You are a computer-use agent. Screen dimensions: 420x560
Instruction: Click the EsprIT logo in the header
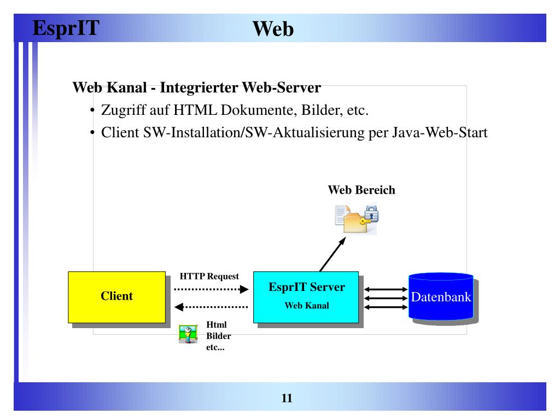tap(66, 27)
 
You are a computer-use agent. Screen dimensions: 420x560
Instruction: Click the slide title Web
tap(273, 29)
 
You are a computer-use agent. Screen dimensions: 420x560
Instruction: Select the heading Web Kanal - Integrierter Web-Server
tap(196, 87)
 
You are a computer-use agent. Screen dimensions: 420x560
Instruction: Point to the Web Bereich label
tap(361, 190)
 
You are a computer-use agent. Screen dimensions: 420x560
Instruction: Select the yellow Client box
tap(116, 297)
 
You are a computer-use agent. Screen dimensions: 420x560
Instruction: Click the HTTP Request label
tap(209, 277)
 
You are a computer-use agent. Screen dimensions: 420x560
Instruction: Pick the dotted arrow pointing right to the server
tap(211, 289)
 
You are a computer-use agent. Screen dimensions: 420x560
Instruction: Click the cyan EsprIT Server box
tap(306, 297)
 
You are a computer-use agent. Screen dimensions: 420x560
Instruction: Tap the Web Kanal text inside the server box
tap(307, 306)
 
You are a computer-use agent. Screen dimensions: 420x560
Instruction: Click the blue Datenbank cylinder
tap(441, 297)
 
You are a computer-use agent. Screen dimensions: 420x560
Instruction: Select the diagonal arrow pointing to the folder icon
tap(332, 254)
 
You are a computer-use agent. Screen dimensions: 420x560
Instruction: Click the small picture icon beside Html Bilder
tap(188, 334)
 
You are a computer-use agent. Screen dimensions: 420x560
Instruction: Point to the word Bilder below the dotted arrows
tap(218, 336)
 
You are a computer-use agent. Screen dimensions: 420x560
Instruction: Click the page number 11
tap(287, 398)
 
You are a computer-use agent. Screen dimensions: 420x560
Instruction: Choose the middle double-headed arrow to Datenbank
tap(386, 298)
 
